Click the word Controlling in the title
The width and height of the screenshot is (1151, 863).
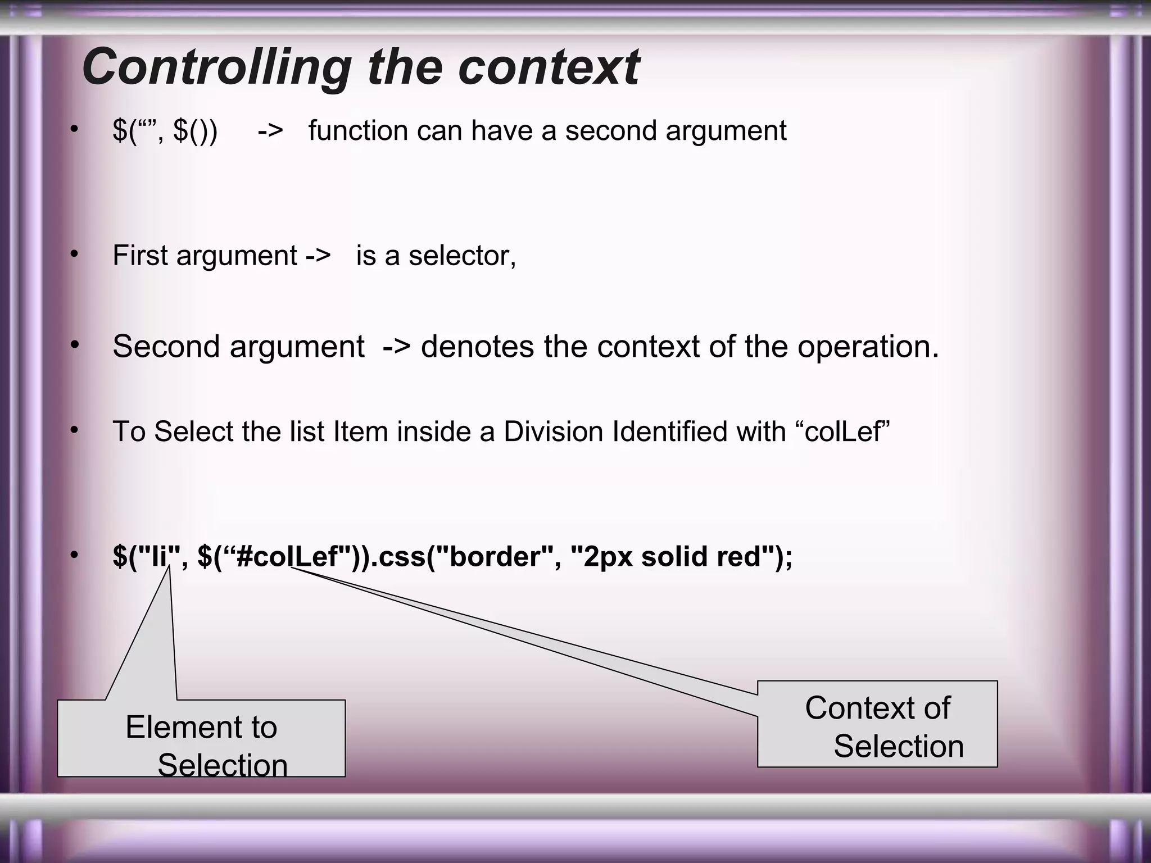point(217,67)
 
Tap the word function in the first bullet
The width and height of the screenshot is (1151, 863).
point(357,130)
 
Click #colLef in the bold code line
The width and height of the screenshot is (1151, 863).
point(287,556)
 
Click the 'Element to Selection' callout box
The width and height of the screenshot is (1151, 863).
point(201,739)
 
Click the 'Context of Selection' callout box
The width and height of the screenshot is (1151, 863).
point(877,724)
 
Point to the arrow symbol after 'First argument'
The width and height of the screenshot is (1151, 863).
point(318,256)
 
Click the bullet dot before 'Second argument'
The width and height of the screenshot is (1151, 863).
point(74,345)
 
